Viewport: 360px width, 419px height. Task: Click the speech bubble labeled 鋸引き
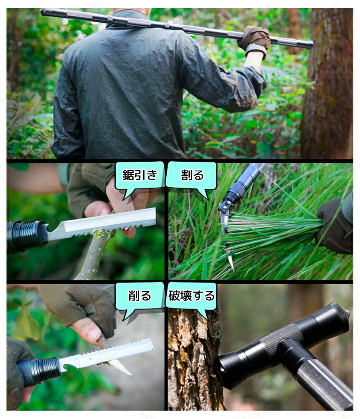pyautogui.click(x=139, y=176)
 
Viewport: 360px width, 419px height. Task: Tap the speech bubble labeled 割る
pyautogui.click(x=192, y=176)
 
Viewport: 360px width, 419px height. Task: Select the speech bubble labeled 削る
pyautogui.click(x=139, y=297)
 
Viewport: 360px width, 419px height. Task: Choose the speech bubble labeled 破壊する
pyautogui.click(x=192, y=297)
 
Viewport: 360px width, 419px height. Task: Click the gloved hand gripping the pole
pyautogui.click(x=255, y=40)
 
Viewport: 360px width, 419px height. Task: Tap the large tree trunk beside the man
pyautogui.click(x=328, y=83)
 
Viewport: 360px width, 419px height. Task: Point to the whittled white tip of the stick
pyautogui.click(x=120, y=367)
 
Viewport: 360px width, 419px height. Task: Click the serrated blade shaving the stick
pyautogui.click(x=107, y=353)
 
